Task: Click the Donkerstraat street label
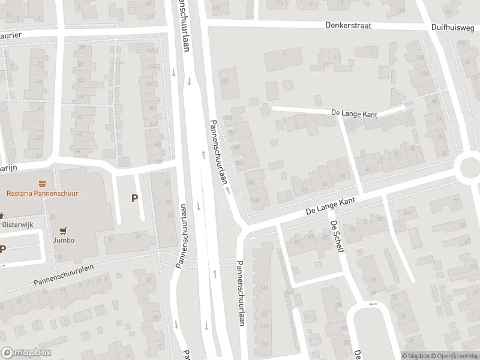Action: [x=349, y=26]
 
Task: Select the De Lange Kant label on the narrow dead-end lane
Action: [x=355, y=112]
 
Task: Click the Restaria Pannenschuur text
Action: [x=43, y=193]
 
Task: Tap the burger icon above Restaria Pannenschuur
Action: [x=43, y=182]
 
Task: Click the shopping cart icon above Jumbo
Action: [x=64, y=230]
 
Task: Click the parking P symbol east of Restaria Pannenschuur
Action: [x=135, y=198]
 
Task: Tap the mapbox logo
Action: [x=26, y=353]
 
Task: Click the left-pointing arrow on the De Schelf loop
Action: [x=373, y=304]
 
